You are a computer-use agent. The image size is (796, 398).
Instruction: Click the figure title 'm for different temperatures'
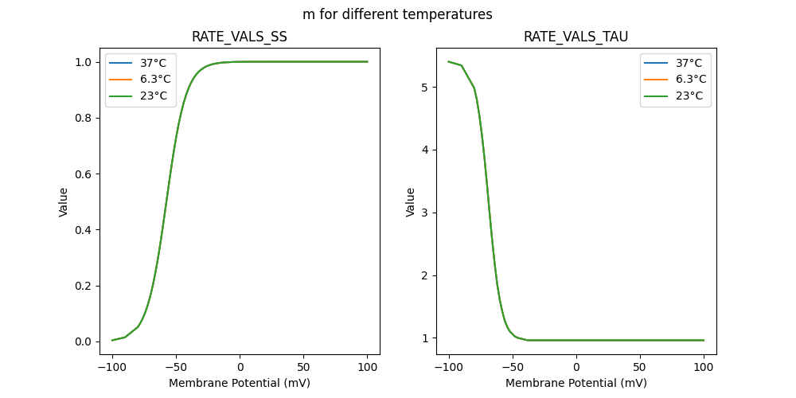397,14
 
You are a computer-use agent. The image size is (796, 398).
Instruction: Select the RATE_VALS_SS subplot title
240,37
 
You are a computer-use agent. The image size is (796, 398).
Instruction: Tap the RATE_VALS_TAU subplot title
576,37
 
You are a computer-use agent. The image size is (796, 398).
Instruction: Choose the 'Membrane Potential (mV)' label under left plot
240,383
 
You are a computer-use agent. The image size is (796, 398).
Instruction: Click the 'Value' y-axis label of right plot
411,202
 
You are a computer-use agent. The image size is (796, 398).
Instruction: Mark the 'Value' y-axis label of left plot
64,202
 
